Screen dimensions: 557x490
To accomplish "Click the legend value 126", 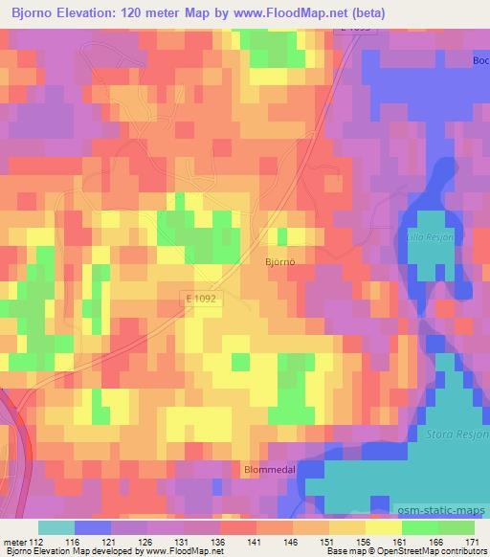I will click(x=146, y=542).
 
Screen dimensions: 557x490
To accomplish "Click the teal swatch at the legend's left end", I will click(x=56, y=527).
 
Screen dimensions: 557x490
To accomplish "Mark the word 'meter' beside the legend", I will click(x=13, y=542).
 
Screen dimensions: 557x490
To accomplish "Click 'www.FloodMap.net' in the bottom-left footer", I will click(x=173, y=552).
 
